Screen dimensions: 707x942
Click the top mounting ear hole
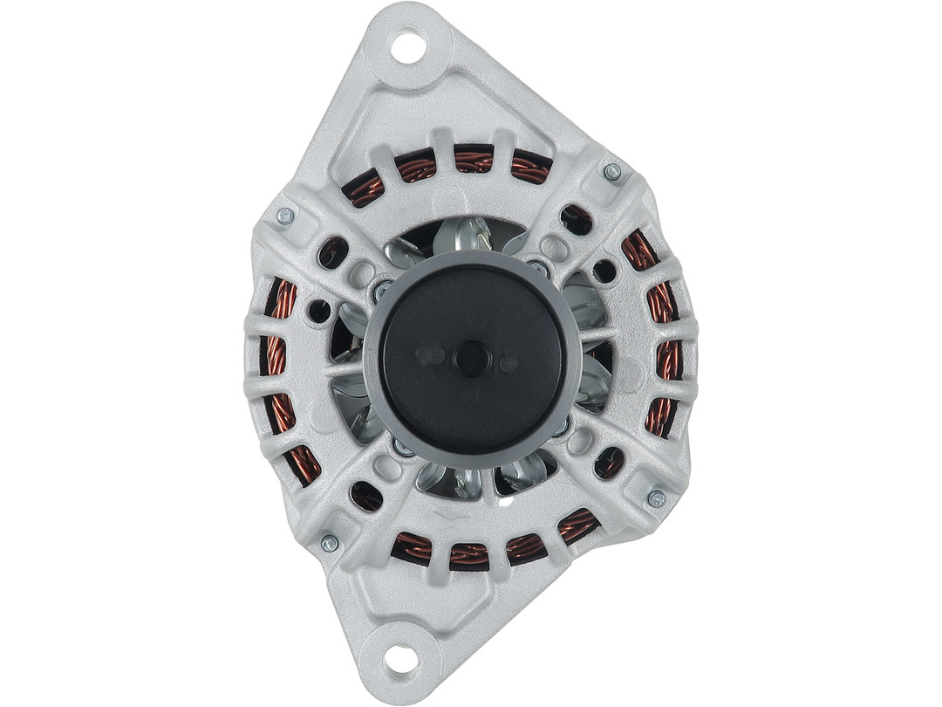point(407,45)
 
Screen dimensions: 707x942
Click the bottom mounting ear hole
point(401,659)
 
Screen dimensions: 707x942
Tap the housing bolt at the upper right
point(612,172)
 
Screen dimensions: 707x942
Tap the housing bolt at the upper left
point(284,216)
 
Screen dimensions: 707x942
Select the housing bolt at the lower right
point(656,498)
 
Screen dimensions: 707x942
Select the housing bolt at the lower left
point(329,543)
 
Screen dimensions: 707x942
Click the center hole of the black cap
point(472,359)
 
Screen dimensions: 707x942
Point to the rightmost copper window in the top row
point(531,166)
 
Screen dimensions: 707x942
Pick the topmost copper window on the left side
point(281,300)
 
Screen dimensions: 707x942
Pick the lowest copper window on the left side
point(304,463)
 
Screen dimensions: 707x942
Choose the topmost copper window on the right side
point(639,251)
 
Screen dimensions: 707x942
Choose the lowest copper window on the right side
point(660,417)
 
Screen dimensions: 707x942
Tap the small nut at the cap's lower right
point(560,428)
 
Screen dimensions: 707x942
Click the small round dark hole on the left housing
point(320,311)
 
